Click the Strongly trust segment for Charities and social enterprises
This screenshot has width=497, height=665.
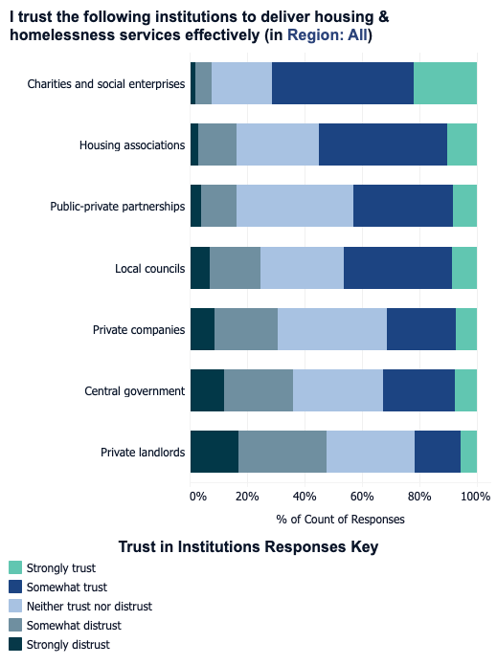444,83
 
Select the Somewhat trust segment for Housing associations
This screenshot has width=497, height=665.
382,144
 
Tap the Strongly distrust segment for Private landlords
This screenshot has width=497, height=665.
214,452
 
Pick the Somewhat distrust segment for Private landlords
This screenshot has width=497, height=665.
282,452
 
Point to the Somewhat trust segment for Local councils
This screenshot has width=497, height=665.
396,268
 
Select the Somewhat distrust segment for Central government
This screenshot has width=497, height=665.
258,390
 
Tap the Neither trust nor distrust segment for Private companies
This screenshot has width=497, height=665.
331,329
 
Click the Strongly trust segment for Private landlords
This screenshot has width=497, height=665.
468,452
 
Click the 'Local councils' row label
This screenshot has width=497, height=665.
149,269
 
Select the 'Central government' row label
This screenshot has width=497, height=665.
134,391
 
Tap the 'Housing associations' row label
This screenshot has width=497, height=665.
132,145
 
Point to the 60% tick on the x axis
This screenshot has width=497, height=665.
362,497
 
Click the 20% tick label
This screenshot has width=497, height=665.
247,497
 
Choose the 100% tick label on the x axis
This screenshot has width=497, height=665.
475,497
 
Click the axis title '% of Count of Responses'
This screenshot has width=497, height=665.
340,520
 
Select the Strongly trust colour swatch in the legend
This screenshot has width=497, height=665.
14,568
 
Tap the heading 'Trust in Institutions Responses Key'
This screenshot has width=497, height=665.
248,547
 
